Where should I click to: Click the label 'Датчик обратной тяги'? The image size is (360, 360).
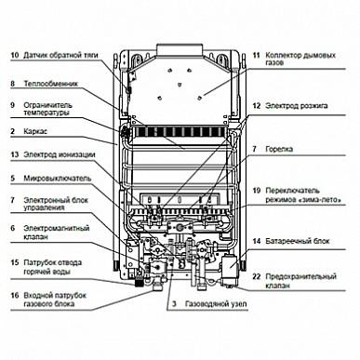pyautogui.click(x=60, y=56)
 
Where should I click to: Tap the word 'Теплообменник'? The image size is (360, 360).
pyautogui.click(x=51, y=84)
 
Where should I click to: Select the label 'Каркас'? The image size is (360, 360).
pyautogui.click(x=35, y=131)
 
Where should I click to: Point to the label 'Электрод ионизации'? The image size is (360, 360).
pyautogui.click(x=60, y=154)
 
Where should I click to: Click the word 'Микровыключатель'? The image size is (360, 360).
pyautogui.click(x=58, y=179)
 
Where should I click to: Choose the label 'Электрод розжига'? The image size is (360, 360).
pyautogui.click(x=297, y=106)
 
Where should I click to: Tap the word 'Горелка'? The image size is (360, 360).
pyautogui.click(x=279, y=149)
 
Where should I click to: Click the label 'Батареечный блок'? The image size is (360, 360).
pyautogui.click(x=298, y=241)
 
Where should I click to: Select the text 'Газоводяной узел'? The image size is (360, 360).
pyautogui.click(x=216, y=304)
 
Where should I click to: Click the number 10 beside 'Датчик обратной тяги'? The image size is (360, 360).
pyautogui.click(x=15, y=56)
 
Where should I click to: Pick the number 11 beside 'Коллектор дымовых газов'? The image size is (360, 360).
pyautogui.click(x=256, y=56)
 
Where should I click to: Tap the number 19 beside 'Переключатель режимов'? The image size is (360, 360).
pyautogui.click(x=256, y=191)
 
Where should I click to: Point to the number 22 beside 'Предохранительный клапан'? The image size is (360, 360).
pyautogui.click(x=256, y=276)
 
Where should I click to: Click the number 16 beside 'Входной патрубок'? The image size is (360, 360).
pyautogui.click(x=15, y=295)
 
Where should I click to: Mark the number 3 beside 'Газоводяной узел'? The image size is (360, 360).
pyautogui.click(x=174, y=304)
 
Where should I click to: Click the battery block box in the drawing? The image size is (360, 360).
pyautogui.click(x=229, y=265)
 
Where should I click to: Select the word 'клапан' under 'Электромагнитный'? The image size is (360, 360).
pyautogui.click(x=36, y=237)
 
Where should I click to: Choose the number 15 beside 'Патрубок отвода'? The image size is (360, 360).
pyautogui.click(x=15, y=262)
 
